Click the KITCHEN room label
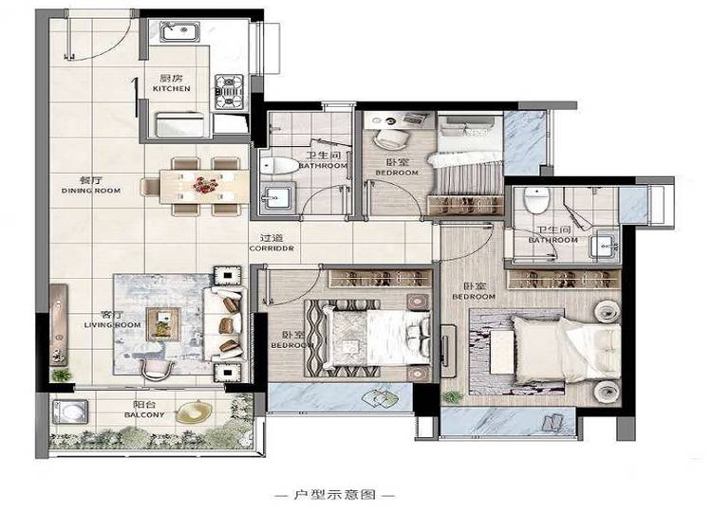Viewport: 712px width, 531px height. pyautogui.click(x=171, y=89)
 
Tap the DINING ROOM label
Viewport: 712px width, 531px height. pyautogui.click(x=91, y=191)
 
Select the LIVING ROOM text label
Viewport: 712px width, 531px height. pyautogui.click(x=112, y=325)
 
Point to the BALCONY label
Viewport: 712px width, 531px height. pyautogui.click(x=144, y=415)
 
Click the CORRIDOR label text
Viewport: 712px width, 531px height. pyautogui.click(x=272, y=248)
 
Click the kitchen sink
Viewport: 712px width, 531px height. pyautogui.click(x=180, y=31)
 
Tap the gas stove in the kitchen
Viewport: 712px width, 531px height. pyautogui.click(x=230, y=92)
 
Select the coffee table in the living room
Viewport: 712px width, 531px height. pyautogui.click(x=163, y=324)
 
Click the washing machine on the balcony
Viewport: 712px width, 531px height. pyautogui.click(x=71, y=412)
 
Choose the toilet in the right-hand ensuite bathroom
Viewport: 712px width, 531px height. pyautogui.click(x=537, y=199)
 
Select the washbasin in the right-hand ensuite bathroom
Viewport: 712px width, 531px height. pyautogui.click(x=604, y=247)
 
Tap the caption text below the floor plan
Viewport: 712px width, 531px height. pyautogui.click(x=335, y=495)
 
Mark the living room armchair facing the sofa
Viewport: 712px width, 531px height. pyautogui.click(x=157, y=371)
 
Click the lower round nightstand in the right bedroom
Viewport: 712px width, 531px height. pyautogui.click(x=607, y=392)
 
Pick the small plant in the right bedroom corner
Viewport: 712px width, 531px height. pyautogui.click(x=452, y=396)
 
